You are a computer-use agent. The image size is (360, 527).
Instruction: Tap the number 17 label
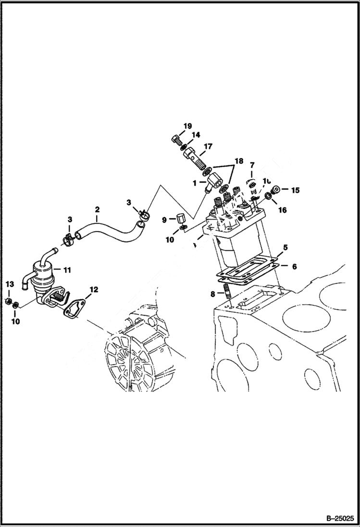pos(208,147)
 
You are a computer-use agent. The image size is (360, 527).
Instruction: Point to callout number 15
pos(295,190)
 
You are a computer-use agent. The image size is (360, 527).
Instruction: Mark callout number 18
pos(239,160)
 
